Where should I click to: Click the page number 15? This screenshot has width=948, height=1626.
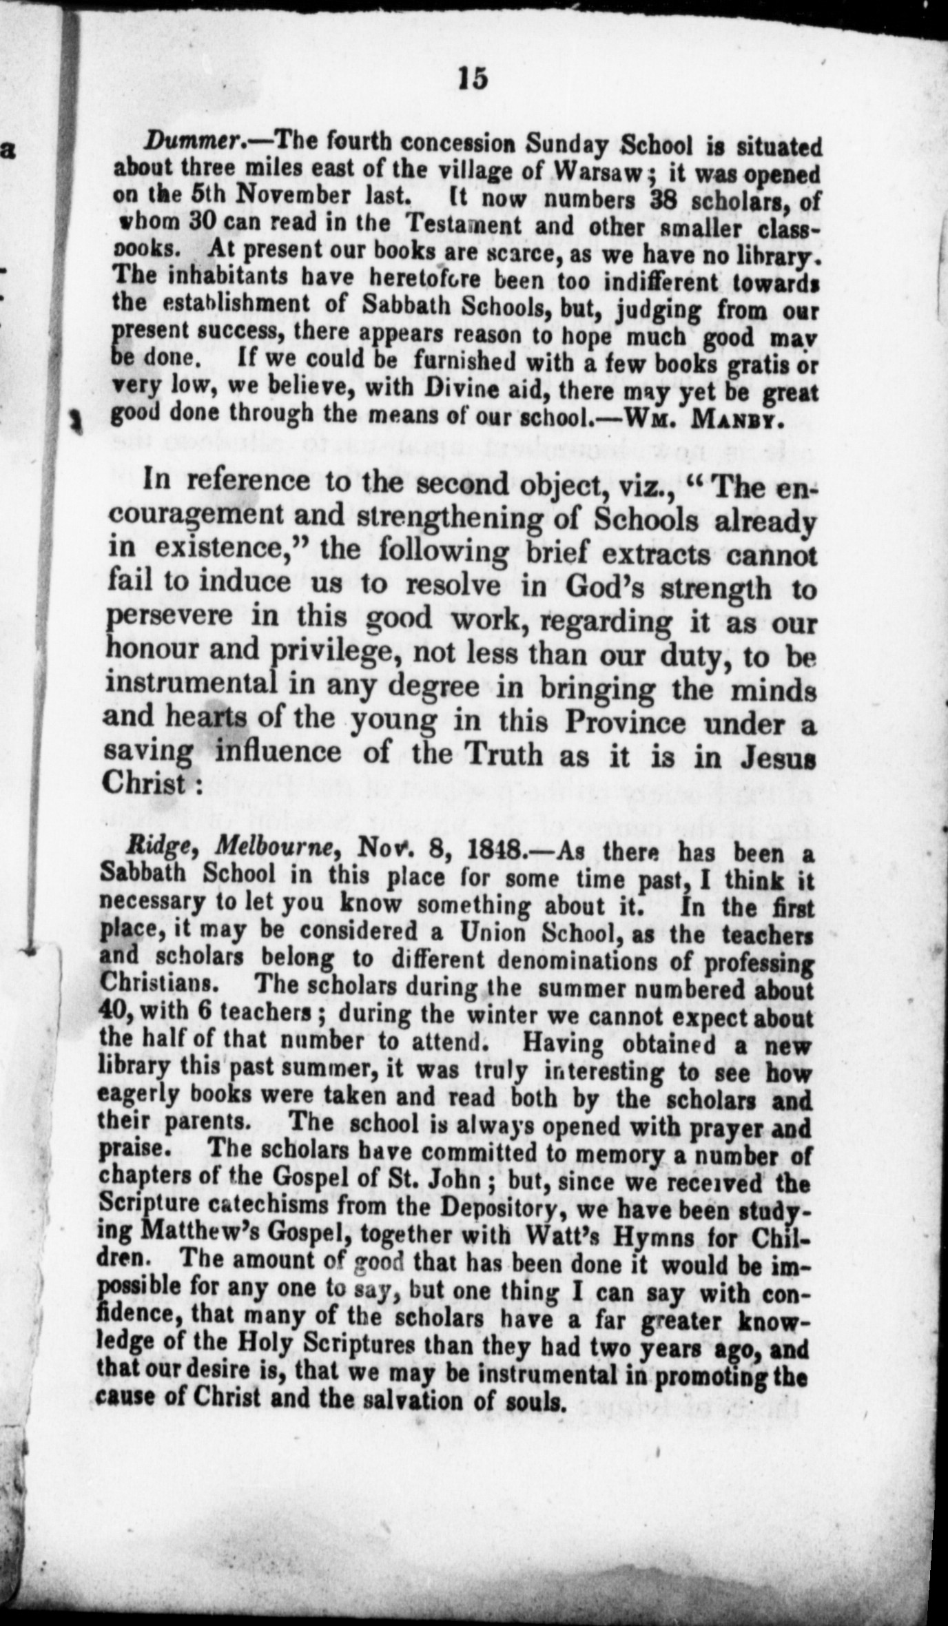(473, 78)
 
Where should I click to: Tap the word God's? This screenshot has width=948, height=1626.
(607, 586)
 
